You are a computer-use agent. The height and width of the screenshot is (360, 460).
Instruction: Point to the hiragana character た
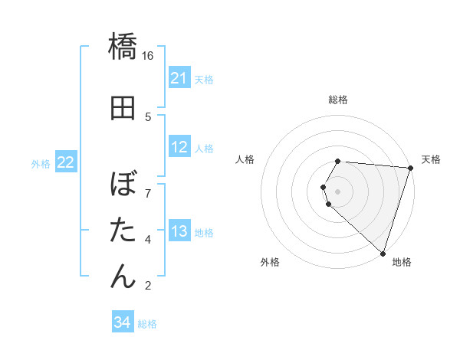[x=123, y=231]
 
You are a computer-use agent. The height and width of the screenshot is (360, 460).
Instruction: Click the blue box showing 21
[x=179, y=78]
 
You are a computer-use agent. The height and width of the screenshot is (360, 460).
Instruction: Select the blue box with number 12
[x=179, y=147]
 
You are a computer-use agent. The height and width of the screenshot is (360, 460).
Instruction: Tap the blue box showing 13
[x=179, y=231]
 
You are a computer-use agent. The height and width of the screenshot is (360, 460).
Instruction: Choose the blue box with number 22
[x=66, y=162]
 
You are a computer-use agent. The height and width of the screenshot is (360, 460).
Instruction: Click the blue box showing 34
[x=122, y=323]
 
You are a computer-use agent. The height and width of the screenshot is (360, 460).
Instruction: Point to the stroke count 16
[x=148, y=55]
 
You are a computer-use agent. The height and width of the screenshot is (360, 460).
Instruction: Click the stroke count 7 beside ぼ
[x=148, y=186]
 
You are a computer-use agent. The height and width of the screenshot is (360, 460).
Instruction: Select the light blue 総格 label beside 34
[x=147, y=324]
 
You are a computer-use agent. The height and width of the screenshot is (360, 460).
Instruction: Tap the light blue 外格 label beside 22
[x=41, y=163]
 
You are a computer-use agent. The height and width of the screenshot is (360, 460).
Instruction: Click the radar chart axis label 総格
[x=338, y=100]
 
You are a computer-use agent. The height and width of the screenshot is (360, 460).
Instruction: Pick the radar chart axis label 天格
[x=431, y=159]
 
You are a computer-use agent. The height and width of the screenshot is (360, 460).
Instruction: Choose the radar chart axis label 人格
[x=245, y=159]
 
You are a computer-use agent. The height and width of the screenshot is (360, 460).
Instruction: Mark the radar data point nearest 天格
[x=411, y=168]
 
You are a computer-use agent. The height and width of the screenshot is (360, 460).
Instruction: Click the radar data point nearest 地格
[x=383, y=253]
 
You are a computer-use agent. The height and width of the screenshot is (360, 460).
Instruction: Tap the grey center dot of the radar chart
[x=338, y=191]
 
